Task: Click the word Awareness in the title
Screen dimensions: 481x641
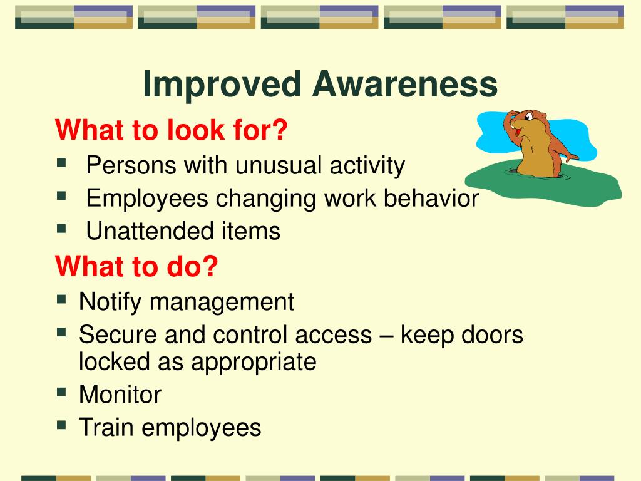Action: pyautogui.click(x=405, y=85)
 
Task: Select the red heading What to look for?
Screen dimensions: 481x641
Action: pyautogui.click(x=171, y=131)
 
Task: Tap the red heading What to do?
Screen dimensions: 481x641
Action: pyautogui.click(x=136, y=266)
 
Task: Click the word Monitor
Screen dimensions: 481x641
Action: pyautogui.click(x=120, y=395)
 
